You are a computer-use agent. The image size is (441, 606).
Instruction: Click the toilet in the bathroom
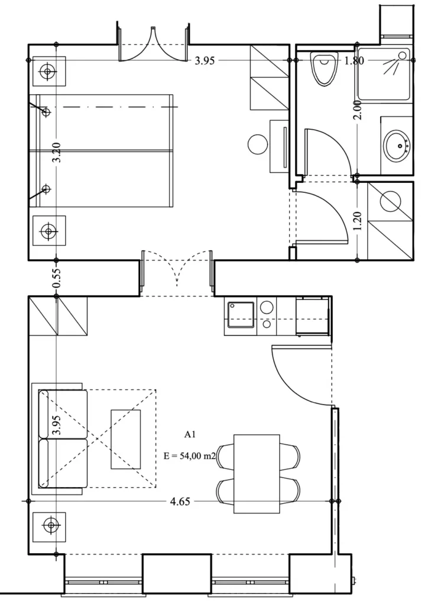point(323,69)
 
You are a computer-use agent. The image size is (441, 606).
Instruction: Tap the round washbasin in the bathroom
point(396,146)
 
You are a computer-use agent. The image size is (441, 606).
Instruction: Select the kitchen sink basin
point(241,315)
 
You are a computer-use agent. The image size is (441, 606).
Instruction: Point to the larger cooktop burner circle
point(267,308)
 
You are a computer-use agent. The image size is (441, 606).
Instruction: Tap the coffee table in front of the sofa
point(125,440)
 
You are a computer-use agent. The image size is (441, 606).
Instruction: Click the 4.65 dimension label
point(180,501)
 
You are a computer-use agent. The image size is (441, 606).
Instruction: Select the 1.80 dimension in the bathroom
point(354,60)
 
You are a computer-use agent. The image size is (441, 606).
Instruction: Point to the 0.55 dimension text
point(56,278)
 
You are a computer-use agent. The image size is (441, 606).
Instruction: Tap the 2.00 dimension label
point(358,110)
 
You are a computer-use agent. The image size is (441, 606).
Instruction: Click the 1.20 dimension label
point(358,221)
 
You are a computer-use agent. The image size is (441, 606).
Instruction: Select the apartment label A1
point(190,434)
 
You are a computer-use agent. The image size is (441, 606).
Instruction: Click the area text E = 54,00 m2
point(190,456)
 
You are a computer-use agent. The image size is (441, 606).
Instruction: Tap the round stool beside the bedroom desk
point(258,144)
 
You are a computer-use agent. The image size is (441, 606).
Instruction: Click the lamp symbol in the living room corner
point(49,526)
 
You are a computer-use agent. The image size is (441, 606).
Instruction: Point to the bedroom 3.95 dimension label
point(205,61)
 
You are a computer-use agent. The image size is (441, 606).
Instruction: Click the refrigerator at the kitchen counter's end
point(313,316)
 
